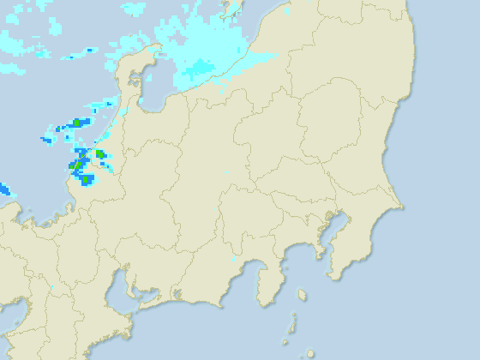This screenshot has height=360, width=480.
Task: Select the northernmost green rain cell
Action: coord(75,123)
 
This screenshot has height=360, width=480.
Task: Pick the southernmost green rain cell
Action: coord(78,165)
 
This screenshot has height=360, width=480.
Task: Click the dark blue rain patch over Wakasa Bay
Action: coord(3,189)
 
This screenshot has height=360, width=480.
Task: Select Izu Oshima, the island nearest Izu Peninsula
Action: coord(302,295)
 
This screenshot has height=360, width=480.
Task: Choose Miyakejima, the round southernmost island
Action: coord(309,352)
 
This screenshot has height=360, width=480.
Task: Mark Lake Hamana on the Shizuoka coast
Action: coord(177,296)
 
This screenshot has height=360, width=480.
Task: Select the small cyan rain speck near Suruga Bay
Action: coord(233,258)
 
